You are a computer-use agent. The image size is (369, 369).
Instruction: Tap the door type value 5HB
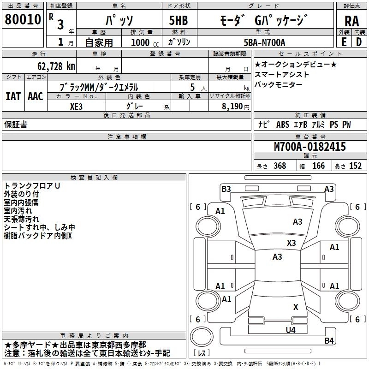[178, 20]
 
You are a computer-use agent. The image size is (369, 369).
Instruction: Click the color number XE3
[76, 105]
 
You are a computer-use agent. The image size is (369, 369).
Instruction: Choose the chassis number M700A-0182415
[309, 147]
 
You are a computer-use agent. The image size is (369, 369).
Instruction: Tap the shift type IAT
[13, 96]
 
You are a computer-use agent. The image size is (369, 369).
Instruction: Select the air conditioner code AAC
[35, 96]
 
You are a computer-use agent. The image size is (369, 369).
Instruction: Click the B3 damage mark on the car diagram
[226, 188]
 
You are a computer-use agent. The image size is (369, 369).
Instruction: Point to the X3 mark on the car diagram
[291, 243]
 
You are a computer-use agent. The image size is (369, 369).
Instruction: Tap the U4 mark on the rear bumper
[290, 330]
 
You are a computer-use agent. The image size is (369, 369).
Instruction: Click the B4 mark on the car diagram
[328, 341]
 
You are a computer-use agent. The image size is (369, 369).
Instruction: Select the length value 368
[280, 166]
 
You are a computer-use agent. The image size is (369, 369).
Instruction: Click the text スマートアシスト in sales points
[282, 74]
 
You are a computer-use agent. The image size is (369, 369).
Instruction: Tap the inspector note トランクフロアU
[32, 185]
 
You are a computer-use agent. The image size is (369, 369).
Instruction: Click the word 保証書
[16, 124]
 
